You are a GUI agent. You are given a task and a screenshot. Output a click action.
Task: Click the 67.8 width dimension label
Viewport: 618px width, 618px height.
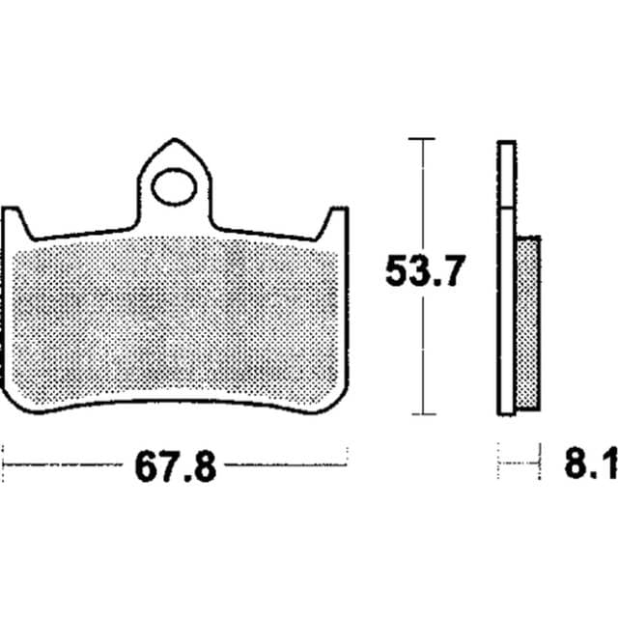click(x=176, y=467)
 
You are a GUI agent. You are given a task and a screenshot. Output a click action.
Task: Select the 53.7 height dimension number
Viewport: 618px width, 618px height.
click(x=425, y=270)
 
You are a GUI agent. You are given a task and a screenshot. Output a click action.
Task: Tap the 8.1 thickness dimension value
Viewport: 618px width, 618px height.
click(x=591, y=463)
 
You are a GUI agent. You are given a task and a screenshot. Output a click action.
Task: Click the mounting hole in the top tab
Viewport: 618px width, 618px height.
click(x=174, y=186)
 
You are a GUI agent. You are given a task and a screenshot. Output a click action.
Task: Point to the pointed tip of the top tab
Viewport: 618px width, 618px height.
click(x=174, y=139)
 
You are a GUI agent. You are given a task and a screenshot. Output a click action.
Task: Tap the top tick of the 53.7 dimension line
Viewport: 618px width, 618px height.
click(x=422, y=139)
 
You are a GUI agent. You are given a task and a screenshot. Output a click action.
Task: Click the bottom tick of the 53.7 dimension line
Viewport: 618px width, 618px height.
click(x=424, y=414)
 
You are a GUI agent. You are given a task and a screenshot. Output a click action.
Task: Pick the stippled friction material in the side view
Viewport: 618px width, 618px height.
click(x=528, y=323)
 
